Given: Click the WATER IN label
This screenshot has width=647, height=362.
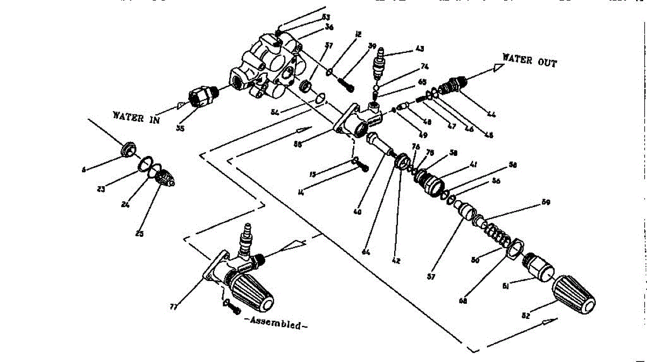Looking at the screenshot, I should click(136, 117).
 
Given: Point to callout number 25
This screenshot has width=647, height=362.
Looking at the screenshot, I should click(140, 234).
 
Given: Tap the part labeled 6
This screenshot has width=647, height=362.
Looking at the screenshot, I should click(129, 148).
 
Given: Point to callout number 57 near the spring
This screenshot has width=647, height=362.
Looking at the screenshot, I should click(445, 277).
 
